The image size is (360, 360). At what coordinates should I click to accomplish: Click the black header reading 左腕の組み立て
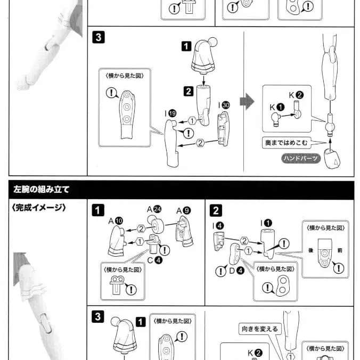(x=40, y=189)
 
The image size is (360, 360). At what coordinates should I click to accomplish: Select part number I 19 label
(x=170, y=113)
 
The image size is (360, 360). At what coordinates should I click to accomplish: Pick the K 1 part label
(x=276, y=107)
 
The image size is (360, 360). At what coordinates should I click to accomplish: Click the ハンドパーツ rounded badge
(x=301, y=158)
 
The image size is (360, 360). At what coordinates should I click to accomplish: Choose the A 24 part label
(x=154, y=209)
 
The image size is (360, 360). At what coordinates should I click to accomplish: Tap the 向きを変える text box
(x=259, y=329)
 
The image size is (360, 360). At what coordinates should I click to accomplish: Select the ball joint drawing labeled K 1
(x=276, y=119)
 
